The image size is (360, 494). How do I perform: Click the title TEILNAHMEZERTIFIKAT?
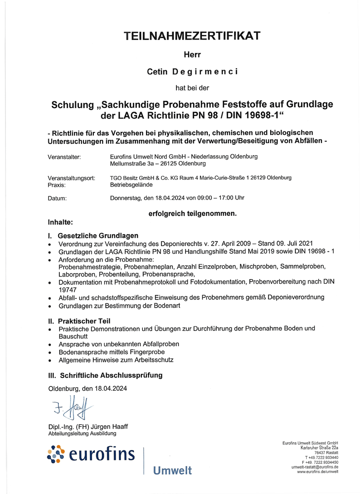[192, 36]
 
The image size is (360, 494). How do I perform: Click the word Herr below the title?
[192, 55]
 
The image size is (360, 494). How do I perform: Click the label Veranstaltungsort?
[71, 178]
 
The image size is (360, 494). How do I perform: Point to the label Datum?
[57, 198]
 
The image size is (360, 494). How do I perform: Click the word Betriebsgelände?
[131, 185]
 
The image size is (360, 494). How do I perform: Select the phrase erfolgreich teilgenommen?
[193, 214]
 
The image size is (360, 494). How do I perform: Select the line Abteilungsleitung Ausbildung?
[82, 433]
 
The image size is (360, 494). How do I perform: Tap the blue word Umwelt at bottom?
[172, 470]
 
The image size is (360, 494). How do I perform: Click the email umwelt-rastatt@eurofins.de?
[315, 467]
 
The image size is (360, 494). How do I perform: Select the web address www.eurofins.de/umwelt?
[318, 472]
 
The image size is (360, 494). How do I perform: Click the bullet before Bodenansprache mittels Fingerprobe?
[49, 353]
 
